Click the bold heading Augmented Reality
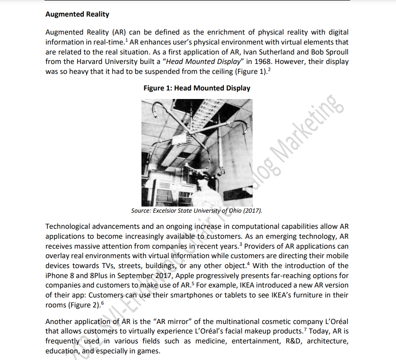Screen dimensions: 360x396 [x=77, y=14]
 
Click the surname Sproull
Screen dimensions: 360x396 [x=336, y=52]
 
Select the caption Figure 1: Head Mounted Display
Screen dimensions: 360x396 [x=197, y=88]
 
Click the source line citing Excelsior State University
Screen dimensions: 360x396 [x=196, y=210]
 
